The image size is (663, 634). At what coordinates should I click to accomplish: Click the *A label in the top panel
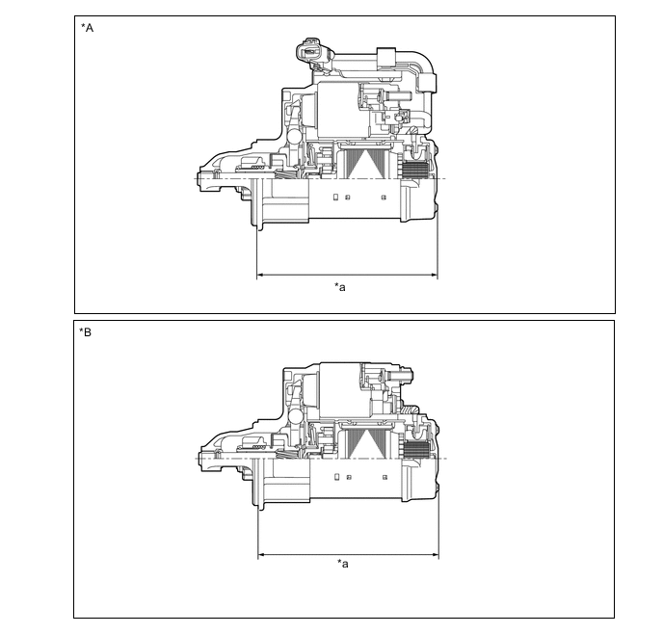[x=88, y=28]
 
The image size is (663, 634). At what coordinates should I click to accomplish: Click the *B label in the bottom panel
[x=86, y=333]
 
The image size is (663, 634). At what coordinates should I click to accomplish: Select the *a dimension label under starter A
[x=340, y=287]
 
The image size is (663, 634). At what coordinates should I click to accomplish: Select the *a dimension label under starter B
[x=343, y=564]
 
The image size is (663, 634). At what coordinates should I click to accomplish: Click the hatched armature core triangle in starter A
[x=367, y=164]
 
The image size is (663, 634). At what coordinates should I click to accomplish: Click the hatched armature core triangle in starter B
[x=367, y=443]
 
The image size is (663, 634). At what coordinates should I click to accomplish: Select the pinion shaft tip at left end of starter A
[x=199, y=179]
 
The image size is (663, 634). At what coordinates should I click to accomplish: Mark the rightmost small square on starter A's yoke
[x=384, y=198]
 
